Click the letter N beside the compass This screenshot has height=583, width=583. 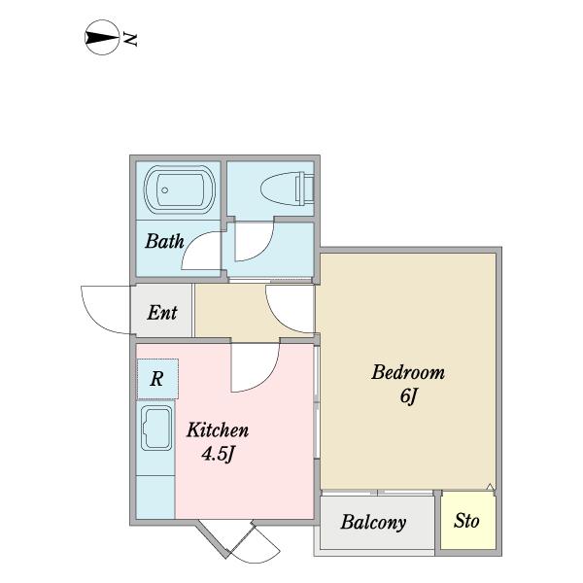click(x=130, y=40)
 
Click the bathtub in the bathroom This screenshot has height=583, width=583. click(x=180, y=189)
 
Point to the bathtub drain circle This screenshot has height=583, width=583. click(x=165, y=190)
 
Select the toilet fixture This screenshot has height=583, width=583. click(x=287, y=189)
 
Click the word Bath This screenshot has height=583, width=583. click(x=164, y=241)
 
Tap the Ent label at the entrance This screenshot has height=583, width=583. click(x=162, y=312)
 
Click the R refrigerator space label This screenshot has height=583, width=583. click(x=156, y=379)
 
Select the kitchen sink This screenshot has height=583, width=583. click(x=156, y=428)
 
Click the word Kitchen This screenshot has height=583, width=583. click(x=218, y=430)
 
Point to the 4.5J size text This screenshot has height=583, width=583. click(x=219, y=454)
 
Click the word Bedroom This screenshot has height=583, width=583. click(x=408, y=372)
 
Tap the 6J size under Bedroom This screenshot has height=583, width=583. click(x=408, y=395)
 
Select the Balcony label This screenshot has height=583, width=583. click(x=373, y=523)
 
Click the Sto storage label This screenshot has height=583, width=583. click(x=466, y=521)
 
